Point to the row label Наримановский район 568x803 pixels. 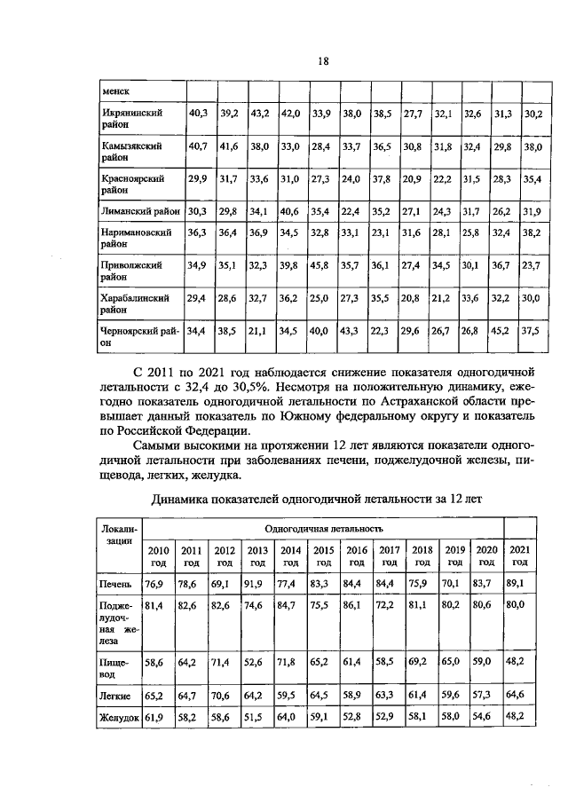[134, 238]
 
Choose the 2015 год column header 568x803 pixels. [324, 555]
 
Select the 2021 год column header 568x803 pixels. [520, 555]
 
